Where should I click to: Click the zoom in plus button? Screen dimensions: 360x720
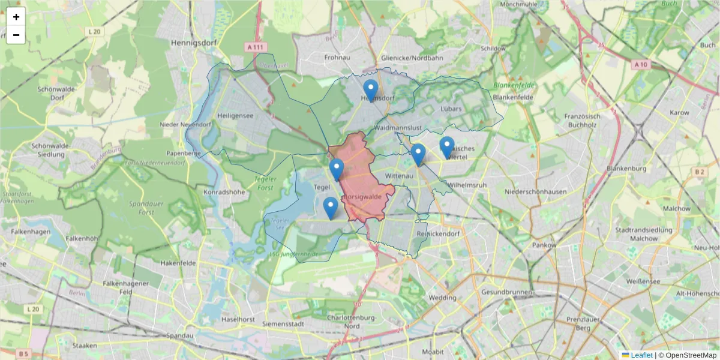16,17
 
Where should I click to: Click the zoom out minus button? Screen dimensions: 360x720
16,35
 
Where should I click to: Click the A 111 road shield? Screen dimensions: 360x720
255,46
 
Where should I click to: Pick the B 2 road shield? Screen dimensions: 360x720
700,172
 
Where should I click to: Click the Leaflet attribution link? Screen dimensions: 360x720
641,355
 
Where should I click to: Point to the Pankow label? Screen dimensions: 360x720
544,245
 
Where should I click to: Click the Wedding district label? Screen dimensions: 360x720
443,298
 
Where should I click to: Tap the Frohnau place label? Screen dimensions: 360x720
337,58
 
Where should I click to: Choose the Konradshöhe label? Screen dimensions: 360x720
224,193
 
